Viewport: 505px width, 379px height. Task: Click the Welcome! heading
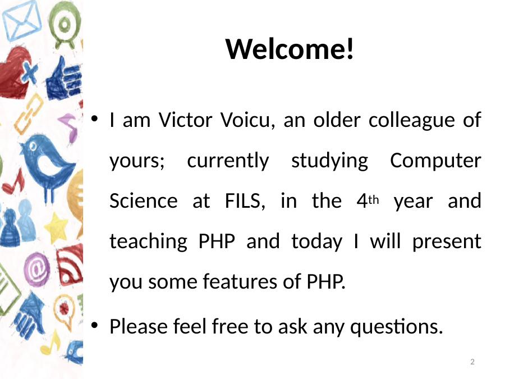coord(290,49)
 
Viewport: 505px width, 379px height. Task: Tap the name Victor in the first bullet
coord(185,120)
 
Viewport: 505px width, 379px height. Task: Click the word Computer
coord(435,160)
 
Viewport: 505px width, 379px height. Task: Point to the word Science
coord(143,200)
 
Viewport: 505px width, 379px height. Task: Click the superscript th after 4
coord(373,200)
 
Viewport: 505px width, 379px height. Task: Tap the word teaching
coord(149,241)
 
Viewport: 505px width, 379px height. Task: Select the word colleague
coord(411,121)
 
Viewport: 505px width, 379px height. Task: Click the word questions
coord(397,327)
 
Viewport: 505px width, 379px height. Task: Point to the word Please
coord(139,326)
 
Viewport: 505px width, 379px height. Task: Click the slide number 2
coord(472,362)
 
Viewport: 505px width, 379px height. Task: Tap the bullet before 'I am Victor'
coord(94,119)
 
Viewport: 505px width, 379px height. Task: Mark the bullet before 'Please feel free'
coord(94,326)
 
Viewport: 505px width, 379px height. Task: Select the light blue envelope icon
coord(22,21)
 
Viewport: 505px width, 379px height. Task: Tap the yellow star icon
coord(56,227)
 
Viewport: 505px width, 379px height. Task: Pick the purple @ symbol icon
coord(36,270)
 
